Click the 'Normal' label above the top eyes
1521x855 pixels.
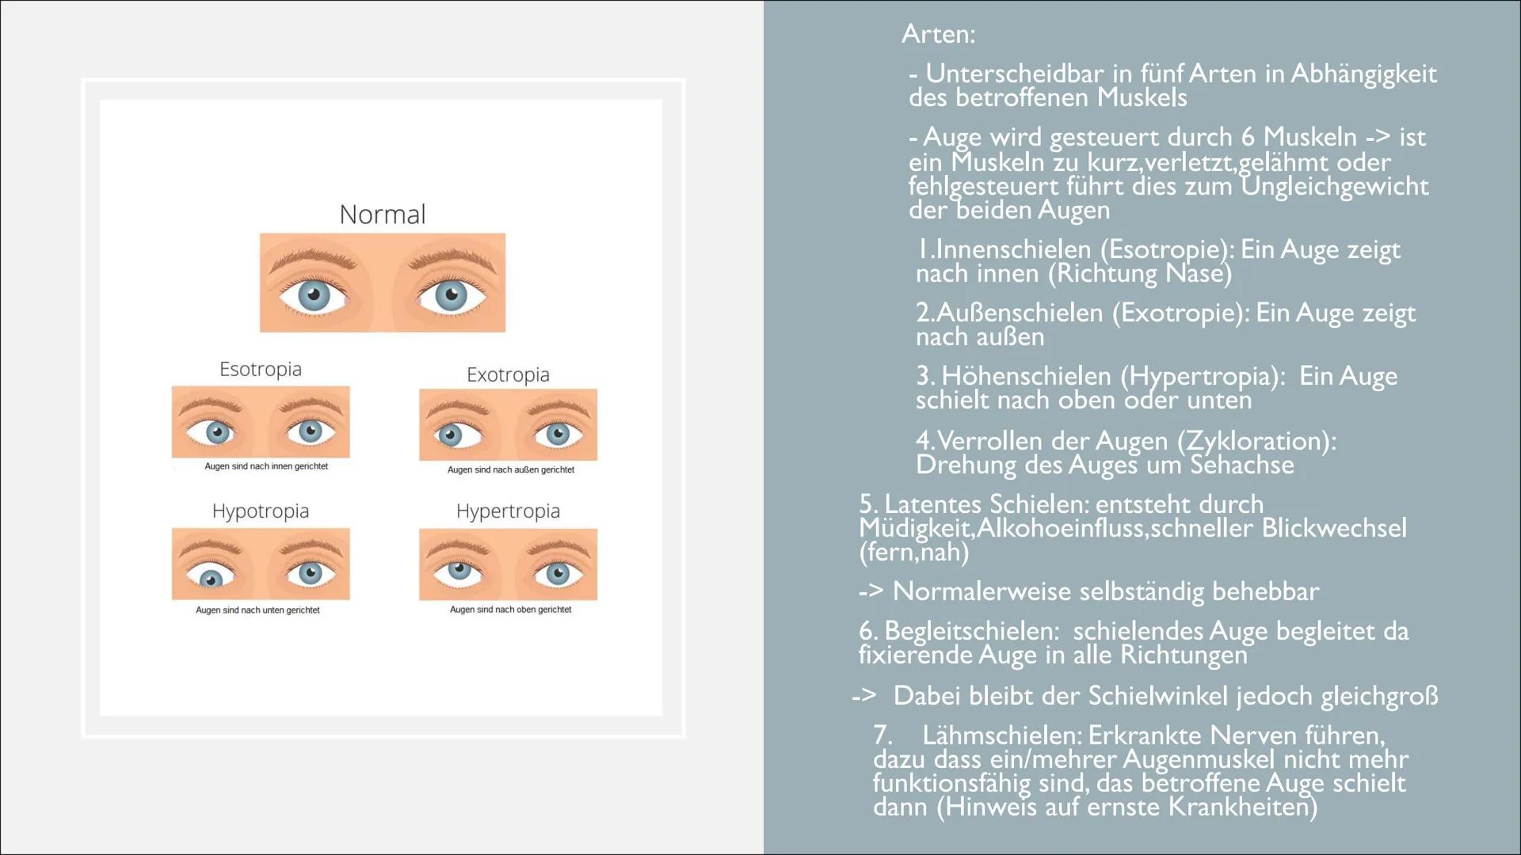click(x=382, y=215)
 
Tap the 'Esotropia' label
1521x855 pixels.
click(x=260, y=370)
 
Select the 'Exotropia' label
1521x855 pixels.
click(x=508, y=374)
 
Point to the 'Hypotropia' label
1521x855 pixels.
click(x=260, y=511)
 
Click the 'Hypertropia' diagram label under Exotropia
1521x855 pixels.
click(x=508, y=511)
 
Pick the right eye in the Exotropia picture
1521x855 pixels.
click(x=557, y=434)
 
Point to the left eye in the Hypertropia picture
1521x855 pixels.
click(x=457, y=571)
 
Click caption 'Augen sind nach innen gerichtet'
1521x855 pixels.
click(x=266, y=467)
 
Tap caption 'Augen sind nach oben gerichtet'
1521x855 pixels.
click(x=510, y=610)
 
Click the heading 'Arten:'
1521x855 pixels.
click(x=939, y=34)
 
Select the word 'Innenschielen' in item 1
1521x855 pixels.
click(x=1014, y=249)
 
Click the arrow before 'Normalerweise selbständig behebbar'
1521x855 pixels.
click(x=871, y=591)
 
